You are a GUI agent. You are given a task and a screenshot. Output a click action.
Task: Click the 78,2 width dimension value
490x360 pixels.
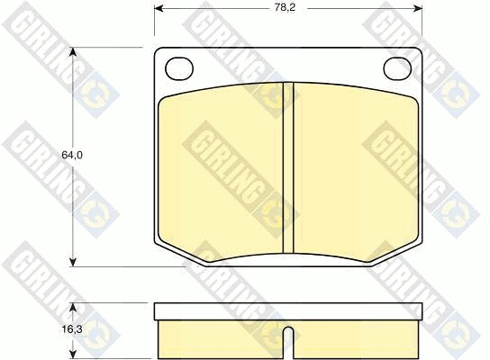[285, 7]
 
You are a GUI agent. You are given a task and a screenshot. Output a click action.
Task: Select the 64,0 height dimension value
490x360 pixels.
[72, 155]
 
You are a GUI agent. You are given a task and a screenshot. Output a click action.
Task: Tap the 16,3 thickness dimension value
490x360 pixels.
[72, 328]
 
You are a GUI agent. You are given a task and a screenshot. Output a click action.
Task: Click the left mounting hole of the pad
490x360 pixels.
[179, 68]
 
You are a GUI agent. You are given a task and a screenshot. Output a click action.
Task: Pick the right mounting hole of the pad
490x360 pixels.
[397, 68]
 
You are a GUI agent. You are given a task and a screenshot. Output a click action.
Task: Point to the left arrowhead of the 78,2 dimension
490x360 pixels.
[159, 8]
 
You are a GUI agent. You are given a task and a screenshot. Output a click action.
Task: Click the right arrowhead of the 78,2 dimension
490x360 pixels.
[418, 8]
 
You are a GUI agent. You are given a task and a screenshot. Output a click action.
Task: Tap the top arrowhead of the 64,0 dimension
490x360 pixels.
[72, 52]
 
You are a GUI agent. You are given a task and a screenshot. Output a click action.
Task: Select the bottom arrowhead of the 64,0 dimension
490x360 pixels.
[72, 262]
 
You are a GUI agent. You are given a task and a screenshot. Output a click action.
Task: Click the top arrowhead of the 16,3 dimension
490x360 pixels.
[72, 307]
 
